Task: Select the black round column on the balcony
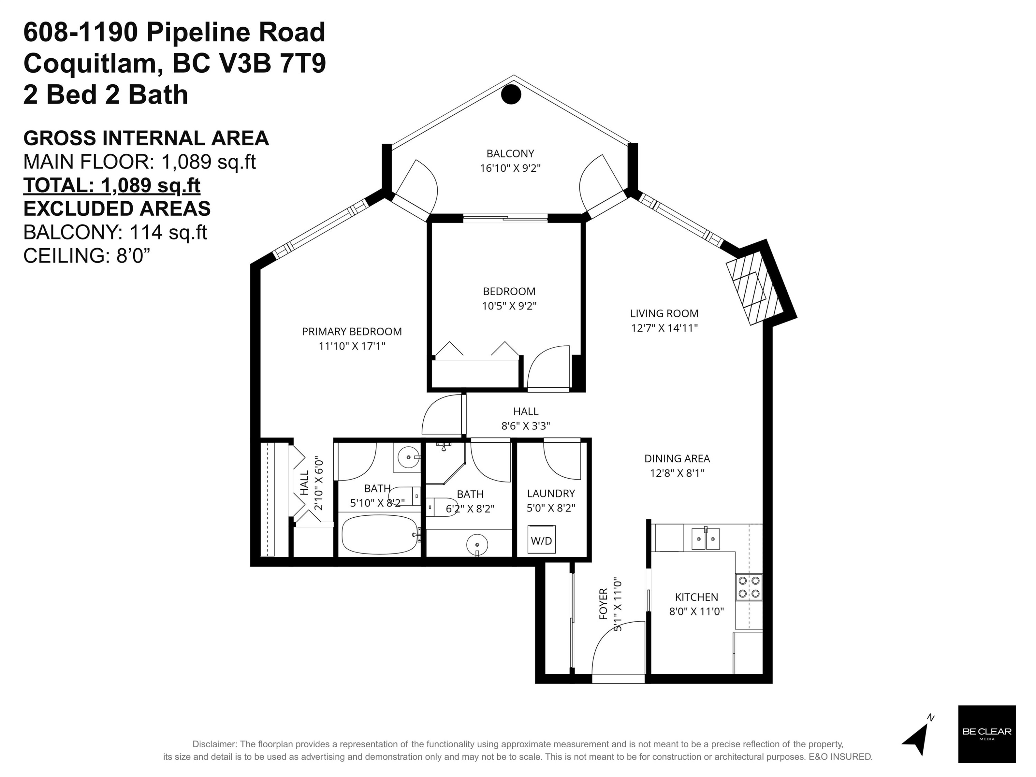pyautogui.click(x=511, y=94)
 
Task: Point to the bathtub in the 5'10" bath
pyautogui.click(x=380, y=534)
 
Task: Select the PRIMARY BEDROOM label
pyautogui.click(x=352, y=332)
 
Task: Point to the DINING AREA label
pyautogui.click(x=677, y=459)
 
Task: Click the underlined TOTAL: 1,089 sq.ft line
pyautogui.click(x=112, y=185)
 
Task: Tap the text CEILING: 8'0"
pyautogui.click(x=87, y=256)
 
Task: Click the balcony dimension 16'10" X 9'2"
pyautogui.click(x=510, y=168)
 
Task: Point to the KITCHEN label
pyautogui.click(x=696, y=597)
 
